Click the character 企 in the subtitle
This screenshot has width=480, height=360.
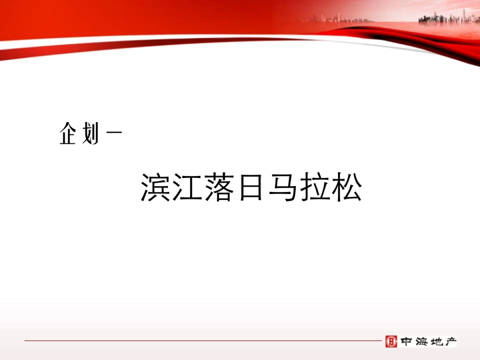[x=68, y=134]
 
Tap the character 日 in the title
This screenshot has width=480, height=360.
[x=251, y=187]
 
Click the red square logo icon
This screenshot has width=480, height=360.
[x=391, y=341]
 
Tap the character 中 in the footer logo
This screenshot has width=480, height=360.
[x=406, y=341]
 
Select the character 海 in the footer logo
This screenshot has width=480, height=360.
[x=421, y=341]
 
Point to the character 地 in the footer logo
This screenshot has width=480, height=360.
[x=436, y=341]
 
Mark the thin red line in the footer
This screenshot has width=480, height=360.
[x=200, y=341]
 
